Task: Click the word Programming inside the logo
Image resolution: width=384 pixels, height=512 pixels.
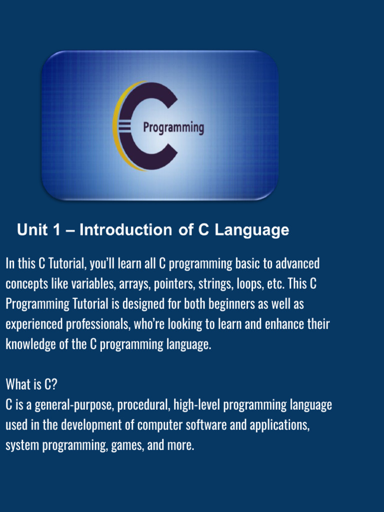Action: click(173, 127)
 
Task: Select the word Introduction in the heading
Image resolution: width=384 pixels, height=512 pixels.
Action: click(125, 230)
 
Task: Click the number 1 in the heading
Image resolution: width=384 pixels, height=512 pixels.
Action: click(56, 230)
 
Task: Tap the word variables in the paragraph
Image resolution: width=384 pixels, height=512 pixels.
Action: click(97, 283)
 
